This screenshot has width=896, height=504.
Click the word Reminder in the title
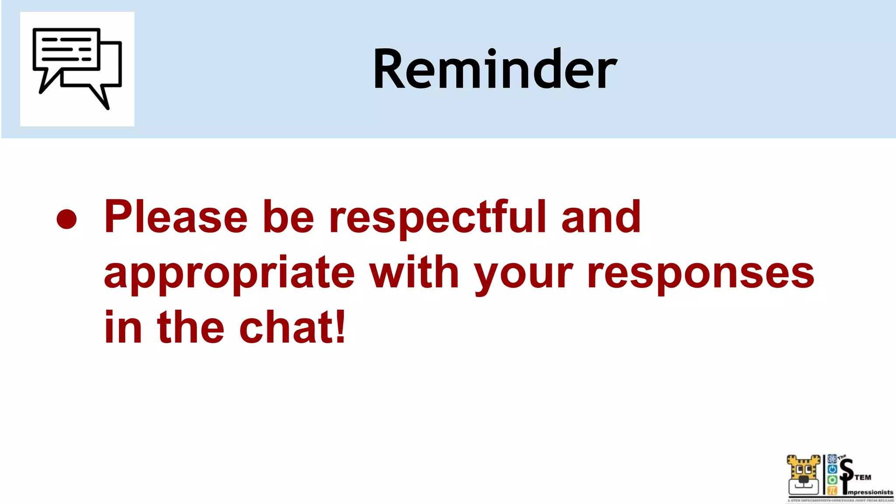point(495,69)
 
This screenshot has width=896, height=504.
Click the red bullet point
point(67,219)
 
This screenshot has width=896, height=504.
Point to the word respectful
point(438,217)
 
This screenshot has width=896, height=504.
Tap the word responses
point(700,273)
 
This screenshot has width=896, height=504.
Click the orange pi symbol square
point(832,490)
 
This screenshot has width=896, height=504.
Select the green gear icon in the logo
point(832,480)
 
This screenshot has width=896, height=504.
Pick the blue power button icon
point(832,469)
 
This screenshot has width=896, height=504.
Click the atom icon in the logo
point(832,458)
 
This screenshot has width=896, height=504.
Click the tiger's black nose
point(804,479)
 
